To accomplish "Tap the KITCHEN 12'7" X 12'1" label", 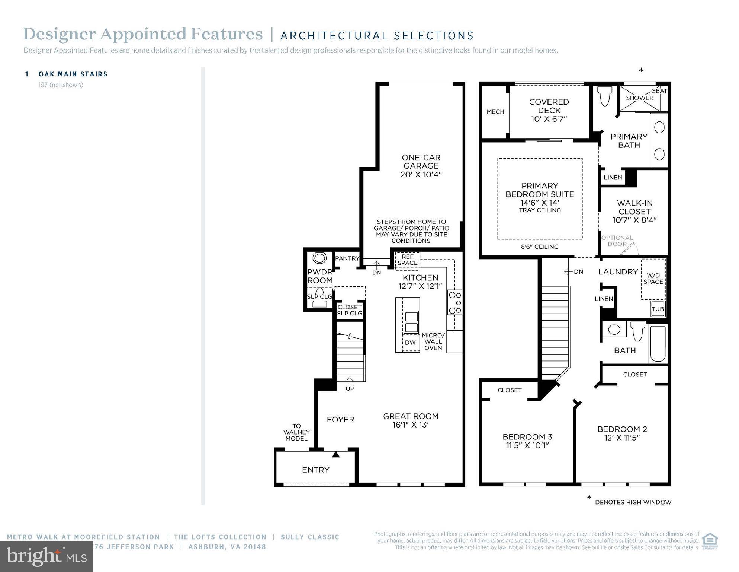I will point(420,282).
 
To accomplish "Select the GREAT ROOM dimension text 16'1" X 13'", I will point(411,425).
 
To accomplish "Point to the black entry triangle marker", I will point(336,454).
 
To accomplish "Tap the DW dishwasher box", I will point(410,343).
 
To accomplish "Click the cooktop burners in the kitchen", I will point(454,302).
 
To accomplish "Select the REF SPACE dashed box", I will point(407,260).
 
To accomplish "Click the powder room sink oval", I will point(319,258).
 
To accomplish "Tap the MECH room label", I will point(495,112).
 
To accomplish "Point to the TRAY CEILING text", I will point(540,210).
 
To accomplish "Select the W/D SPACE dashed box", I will point(653,279).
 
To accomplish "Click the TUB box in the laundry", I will point(658,309).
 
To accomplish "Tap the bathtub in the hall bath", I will point(658,344).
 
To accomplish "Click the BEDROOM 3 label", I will point(527,441).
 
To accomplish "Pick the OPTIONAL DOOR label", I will point(617,241).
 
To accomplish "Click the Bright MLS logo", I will point(46,557).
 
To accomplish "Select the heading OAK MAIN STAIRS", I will point(73,74).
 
